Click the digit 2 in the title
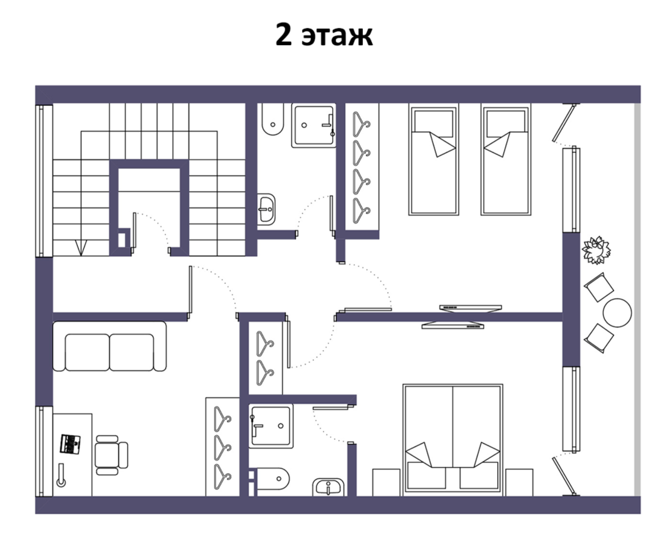tap(283, 35)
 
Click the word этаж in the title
tap(337, 36)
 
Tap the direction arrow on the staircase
tap(79, 248)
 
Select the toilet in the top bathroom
tap(271, 120)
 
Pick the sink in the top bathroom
tap(266, 209)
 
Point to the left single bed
tap(433, 160)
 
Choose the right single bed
tap(505, 160)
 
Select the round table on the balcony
tap(617, 313)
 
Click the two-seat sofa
tap(110, 346)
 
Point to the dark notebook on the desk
tap(71, 443)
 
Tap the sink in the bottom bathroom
tap(329, 486)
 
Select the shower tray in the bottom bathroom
tap(271, 426)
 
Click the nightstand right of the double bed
tap(519, 482)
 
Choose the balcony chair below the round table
tap(599, 337)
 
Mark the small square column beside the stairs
tap(124, 240)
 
